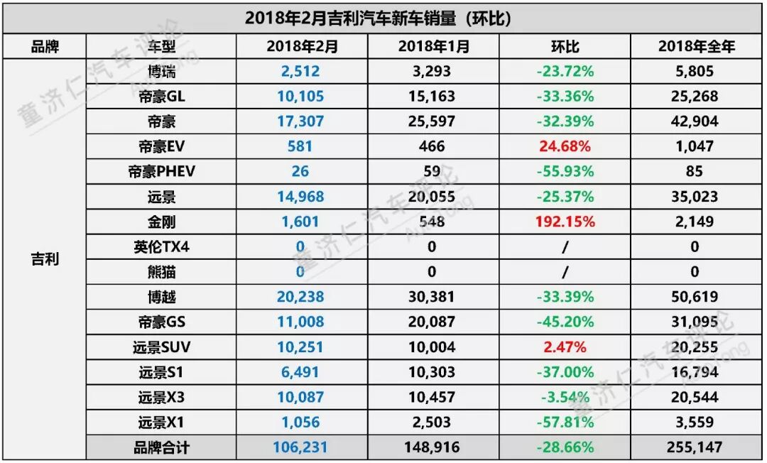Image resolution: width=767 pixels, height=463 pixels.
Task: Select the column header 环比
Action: [x=565, y=47]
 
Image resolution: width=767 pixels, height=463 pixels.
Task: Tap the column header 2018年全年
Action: [x=695, y=47]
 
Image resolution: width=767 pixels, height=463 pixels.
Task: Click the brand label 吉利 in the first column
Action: [x=44, y=259]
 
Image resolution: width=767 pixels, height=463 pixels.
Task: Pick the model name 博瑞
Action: [x=161, y=71]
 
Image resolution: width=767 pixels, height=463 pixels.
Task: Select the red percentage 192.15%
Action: [x=565, y=222]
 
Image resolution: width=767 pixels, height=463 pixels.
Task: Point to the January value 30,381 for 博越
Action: [x=432, y=297]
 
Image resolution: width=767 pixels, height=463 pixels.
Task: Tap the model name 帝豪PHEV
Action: [x=161, y=171]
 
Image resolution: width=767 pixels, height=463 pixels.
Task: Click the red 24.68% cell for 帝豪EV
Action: [x=565, y=146]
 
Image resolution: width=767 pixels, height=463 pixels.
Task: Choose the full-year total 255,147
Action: [x=695, y=448]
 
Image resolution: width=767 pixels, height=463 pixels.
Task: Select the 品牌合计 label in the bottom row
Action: [x=161, y=448]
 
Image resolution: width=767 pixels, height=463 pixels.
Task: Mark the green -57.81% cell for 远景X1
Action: [x=565, y=423]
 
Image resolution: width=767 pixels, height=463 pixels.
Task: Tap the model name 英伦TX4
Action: [x=161, y=246]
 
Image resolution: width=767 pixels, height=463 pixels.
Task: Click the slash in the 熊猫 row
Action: [x=565, y=272]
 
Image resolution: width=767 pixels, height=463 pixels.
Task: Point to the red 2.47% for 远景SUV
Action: [x=565, y=347]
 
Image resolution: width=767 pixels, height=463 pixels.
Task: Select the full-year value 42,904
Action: [x=695, y=121]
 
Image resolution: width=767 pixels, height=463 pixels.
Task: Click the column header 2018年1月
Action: [x=432, y=47]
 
